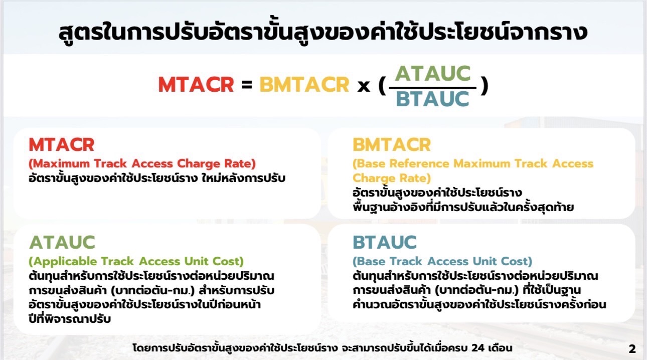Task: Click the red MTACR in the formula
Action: pyautogui.click(x=196, y=85)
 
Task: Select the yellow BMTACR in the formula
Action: pyautogui.click(x=304, y=85)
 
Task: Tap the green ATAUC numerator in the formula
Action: pyautogui.click(x=433, y=73)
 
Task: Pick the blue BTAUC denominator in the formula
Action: pyautogui.click(x=432, y=99)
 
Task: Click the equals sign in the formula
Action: pyautogui.click(x=247, y=85)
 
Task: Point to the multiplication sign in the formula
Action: pyautogui.click(x=364, y=86)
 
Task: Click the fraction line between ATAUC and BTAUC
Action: pyautogui.click(x=433, y=87)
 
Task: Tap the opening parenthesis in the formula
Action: pyautogui.click(x=382, y=86)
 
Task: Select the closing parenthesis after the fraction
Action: pyautogui.click(x=484, y=86)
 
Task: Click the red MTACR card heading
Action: pyautogui.click(x=62, y=144)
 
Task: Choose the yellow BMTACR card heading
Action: pyautogui.click(x=392, y=144)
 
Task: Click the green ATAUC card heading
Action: pyautogui.click(x=62, y=242)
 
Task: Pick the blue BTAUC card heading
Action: pyautogui.click(x=385, y=242)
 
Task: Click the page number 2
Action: pyautogui.click(x=632, y=349)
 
